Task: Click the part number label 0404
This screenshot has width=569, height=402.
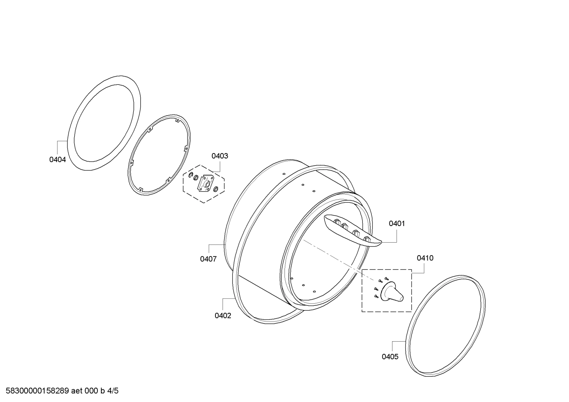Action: point(57,160)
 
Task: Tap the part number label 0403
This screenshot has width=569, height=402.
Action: point(220,156)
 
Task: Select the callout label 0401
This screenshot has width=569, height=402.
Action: point(397,223)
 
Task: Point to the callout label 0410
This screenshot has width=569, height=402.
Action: point(425,258)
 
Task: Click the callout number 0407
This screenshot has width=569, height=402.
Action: point(208,259)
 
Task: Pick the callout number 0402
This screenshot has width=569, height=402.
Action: point(223,316)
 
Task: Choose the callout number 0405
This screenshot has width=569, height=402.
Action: point(390,357)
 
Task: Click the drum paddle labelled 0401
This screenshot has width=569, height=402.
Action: point(353,230)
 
